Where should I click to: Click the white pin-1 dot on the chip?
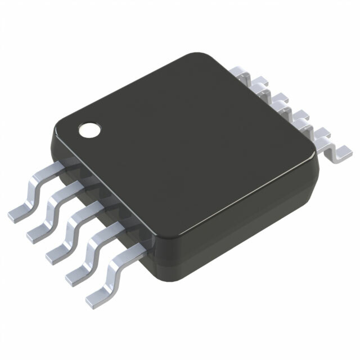pyautogui.click(x=89, y=130)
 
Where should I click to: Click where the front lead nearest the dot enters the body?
pyautogui.click(x=64, y=165)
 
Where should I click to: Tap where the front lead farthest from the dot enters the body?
pyautogui.click(x=140, y=247)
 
